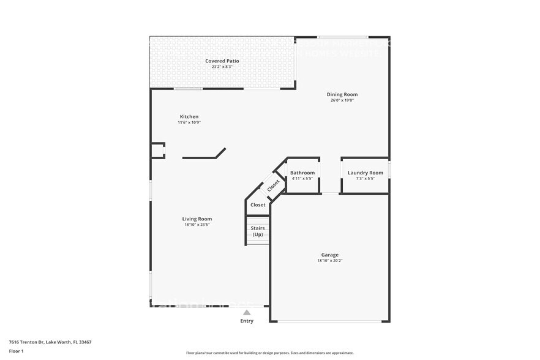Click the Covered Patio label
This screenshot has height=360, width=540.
coord(222,61)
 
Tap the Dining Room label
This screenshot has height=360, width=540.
coord(342,94)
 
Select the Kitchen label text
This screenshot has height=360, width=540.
coord(189,116)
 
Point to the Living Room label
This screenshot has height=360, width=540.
coord(197,219)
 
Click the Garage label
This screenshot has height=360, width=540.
coord(329,255)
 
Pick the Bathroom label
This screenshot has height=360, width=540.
coord(302,173)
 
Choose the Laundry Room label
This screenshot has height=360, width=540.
coord(365,173)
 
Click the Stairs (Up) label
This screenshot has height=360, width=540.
coord(258,231)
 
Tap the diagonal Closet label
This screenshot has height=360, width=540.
coord(273,185)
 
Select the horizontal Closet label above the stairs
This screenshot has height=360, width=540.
coord(258,205)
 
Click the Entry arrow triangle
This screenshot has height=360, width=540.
coord(247,312)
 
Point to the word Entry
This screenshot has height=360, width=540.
coord(247,321)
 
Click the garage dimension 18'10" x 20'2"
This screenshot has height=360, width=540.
coord(329,261)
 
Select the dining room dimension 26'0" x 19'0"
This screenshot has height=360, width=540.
coord(342,100)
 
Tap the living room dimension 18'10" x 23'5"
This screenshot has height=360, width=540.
coord(197,225)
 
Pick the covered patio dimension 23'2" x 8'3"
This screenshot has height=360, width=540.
coord(222,67)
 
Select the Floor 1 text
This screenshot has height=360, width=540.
coord(16,351)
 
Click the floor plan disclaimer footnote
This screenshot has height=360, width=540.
coord(269,353)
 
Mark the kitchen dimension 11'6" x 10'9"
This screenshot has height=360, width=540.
coord(189,122)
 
